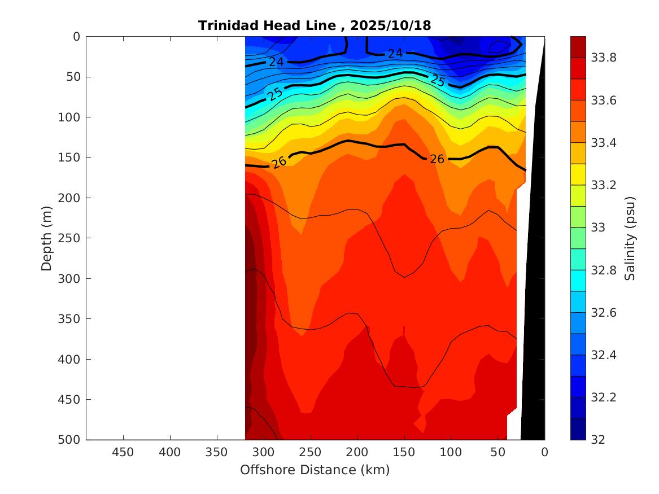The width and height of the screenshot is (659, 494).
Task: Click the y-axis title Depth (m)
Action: (47, 238)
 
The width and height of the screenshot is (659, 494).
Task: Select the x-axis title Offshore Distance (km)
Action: (315, 470)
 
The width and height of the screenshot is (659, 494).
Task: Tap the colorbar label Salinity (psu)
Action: (630, 238)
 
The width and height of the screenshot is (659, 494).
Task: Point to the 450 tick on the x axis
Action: (123, 452)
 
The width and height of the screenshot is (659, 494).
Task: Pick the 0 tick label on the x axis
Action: (544, 452)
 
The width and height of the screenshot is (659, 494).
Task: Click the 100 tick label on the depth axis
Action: (68, 117)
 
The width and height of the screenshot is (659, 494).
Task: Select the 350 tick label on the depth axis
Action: (68, 318)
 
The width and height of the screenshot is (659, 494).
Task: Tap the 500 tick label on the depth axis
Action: (68, 439)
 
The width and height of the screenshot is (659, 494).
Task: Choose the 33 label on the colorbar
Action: (599, 228)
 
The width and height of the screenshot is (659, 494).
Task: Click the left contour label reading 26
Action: (279, 162)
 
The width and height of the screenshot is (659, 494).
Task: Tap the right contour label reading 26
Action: (437, 159)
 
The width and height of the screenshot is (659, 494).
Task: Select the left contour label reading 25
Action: (276, 94)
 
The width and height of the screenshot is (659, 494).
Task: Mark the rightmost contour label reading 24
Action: (395, 54)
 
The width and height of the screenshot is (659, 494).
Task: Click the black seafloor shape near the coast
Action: (534, 282)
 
